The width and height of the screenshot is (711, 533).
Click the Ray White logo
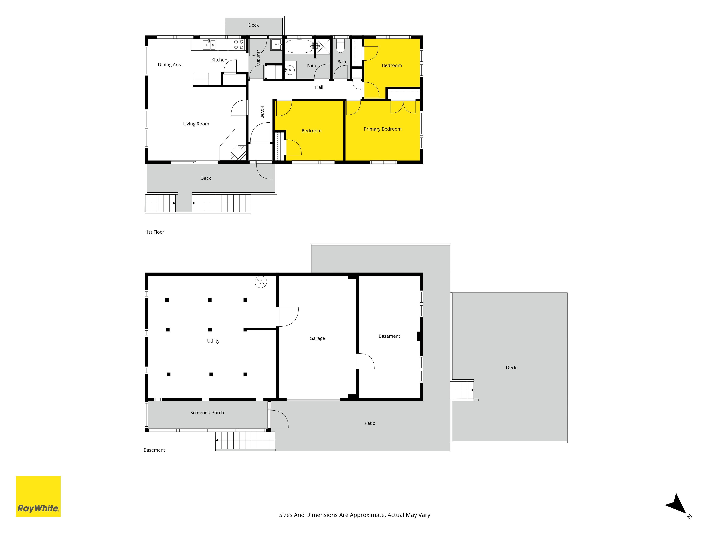coord(38,496)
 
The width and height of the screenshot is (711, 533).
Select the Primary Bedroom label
coord(383,129)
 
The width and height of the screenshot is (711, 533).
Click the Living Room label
coord(196,124)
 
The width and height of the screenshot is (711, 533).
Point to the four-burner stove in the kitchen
coord(239,45)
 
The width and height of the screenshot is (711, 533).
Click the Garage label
coord(317,338)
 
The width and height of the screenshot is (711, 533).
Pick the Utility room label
coord(213,341)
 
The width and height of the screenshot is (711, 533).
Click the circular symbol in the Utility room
coord(261,282)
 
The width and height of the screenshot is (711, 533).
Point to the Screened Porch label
coord(207,413)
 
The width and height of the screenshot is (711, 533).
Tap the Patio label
coord(370,423)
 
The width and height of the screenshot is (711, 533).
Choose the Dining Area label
coord(170,64)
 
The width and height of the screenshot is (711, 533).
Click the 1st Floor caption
coord(155,232)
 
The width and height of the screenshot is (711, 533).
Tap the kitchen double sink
coord(209,45)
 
